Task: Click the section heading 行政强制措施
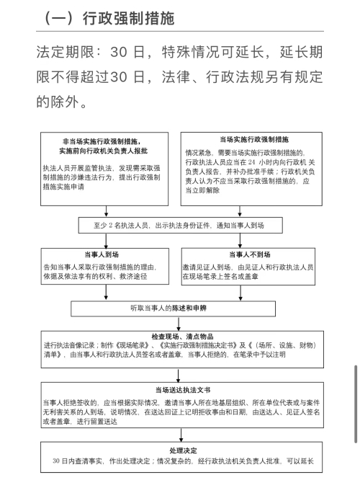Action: [129, 18]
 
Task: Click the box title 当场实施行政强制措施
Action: [254, 139]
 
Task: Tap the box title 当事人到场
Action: [102, 254]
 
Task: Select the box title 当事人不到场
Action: [250, 254]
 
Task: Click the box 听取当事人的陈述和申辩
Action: [173, 308]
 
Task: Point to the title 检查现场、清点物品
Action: [182, 337]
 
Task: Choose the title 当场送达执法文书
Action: [183, 390]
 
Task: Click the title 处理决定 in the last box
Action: [183, 450]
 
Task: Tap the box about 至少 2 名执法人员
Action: [180, 225]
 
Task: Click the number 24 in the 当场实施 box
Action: [251, 162]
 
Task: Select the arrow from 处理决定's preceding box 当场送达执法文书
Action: [181, 435]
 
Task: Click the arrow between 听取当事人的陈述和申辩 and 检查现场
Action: [179, 324]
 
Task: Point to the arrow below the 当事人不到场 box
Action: [240, 293]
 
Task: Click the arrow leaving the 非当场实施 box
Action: [107, 211]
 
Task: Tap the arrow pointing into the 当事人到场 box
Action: [107, 241]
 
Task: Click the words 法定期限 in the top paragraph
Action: [65, 52]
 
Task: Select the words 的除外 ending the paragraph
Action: [58, 102]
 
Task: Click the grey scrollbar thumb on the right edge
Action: [356, 404]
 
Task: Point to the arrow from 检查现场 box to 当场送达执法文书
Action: [179, 375]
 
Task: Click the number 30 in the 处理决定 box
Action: [56, 461]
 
